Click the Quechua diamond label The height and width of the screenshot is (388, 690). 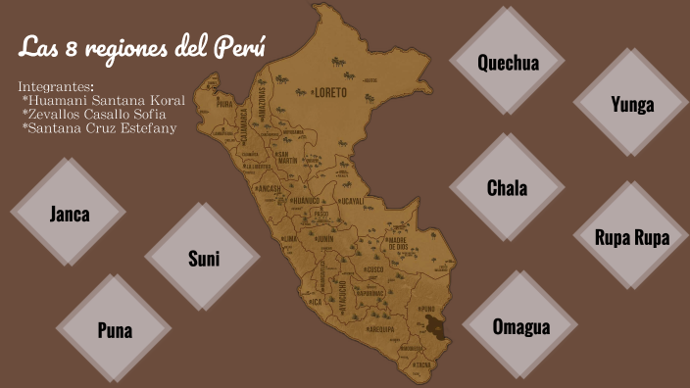pos(508,63)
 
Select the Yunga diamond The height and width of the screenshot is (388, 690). pos(631,105)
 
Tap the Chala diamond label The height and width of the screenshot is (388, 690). pos(507,188)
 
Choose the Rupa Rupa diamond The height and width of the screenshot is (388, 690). pos(631,237)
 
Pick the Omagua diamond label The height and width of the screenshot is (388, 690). pos(520,327)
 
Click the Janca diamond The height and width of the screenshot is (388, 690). pos(69,214)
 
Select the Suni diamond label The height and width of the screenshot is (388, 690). pos(203,259)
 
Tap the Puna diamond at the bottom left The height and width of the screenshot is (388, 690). pos(114,330)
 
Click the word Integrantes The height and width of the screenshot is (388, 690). pos(56,86)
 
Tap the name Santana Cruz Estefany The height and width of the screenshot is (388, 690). pos(98,127)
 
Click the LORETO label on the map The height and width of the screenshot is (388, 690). pos(330,93)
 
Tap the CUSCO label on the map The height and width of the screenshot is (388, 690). pos(373,268)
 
